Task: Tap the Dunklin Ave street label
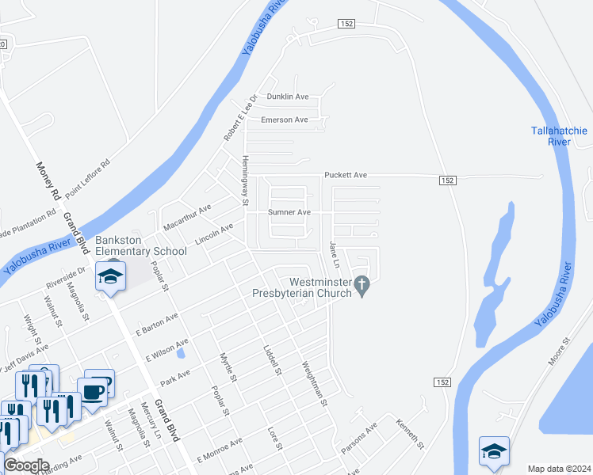click(287, 97)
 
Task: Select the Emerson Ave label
click(284, 120)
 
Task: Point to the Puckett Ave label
click(345, 175)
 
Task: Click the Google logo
click(25, 465)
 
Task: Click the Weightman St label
click(314, 383)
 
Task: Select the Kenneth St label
click(411, 432)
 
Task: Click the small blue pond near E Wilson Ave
click(181, 354)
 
